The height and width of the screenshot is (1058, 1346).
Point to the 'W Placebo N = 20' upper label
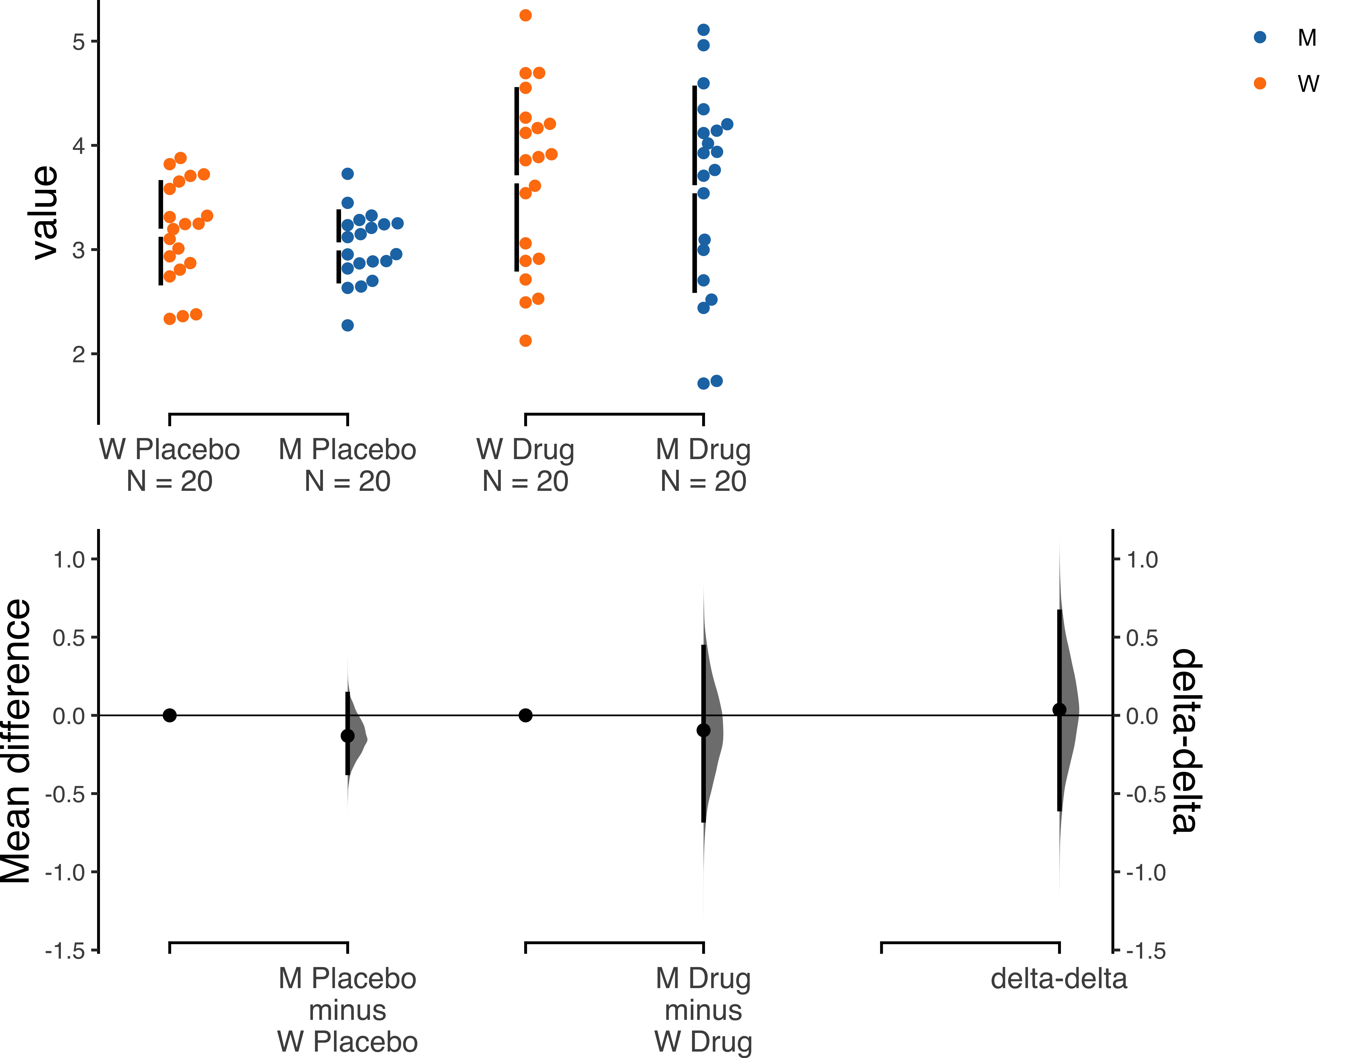170,465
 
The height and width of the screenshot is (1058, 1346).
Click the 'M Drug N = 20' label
703,465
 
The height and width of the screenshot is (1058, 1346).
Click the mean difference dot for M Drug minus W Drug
703,730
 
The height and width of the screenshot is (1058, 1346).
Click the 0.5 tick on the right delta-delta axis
1116,637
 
